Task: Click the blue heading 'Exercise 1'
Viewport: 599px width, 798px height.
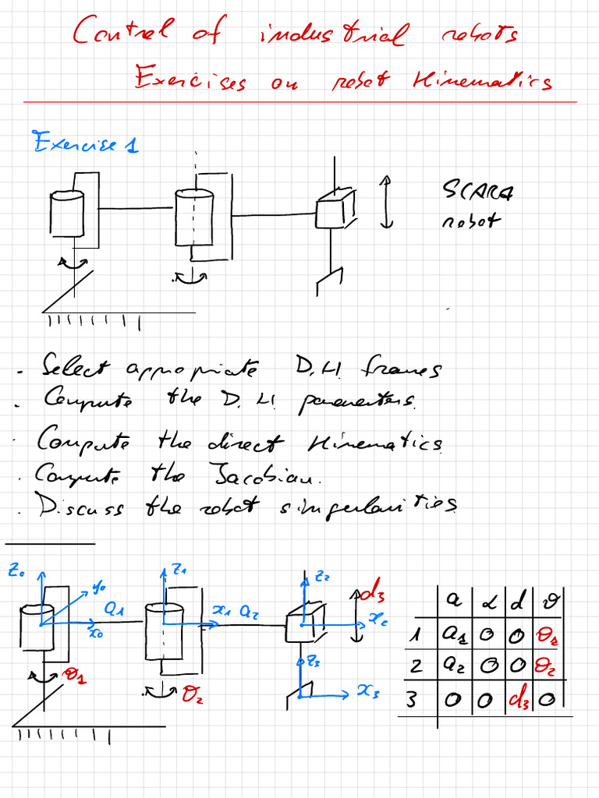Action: [85, 143]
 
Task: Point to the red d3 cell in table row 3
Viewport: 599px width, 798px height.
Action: [517, 699]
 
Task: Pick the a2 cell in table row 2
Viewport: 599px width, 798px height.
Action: [453, 667]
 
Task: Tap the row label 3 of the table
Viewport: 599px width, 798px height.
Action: [412, 699]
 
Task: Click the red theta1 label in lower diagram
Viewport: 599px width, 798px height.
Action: [76, 676]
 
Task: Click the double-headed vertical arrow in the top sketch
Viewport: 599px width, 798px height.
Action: [385, 202]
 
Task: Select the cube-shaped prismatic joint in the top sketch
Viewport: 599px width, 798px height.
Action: [334, 209]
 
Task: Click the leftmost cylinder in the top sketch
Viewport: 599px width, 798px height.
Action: [66, 214]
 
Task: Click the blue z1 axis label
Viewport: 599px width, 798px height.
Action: [180, 570]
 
